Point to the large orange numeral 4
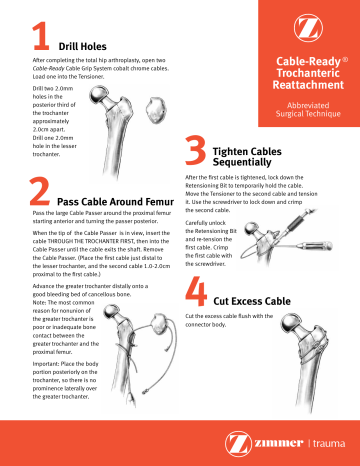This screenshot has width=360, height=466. point(194,285)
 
